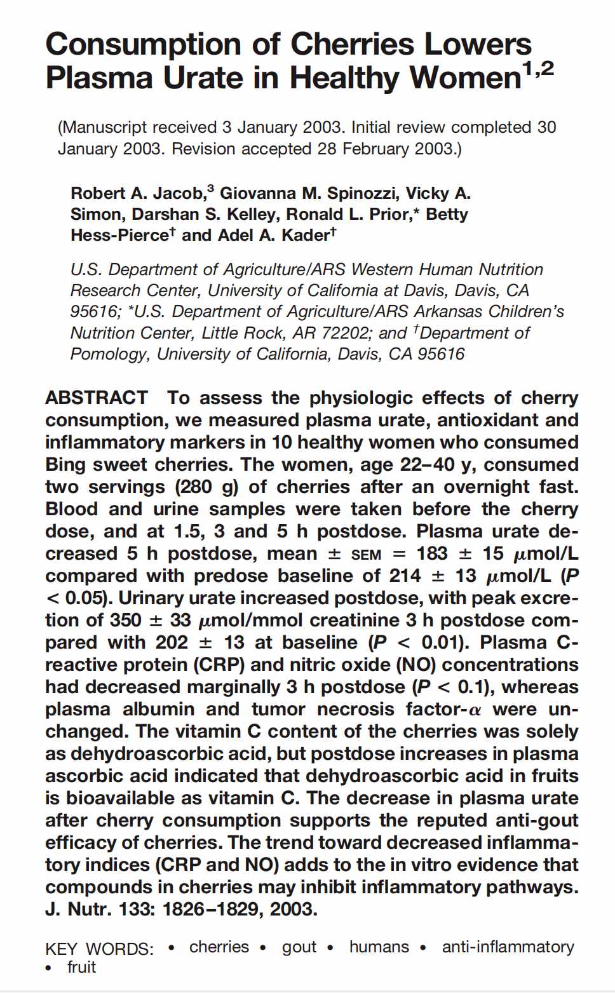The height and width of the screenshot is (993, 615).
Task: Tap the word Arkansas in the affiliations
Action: click(x=451, y=312)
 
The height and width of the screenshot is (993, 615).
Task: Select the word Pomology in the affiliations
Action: click(x=109, y=354)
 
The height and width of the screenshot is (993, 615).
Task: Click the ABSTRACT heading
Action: click(x=97, y=398)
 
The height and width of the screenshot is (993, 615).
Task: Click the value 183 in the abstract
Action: click(x=432, y=554)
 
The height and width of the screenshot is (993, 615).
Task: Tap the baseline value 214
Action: click(x=405, y=576)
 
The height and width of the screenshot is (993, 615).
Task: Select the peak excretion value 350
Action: click(x=126, y=621)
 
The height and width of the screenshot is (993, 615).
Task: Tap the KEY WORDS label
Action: click(x=99, y=949)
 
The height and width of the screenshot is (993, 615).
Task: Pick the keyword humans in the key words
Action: click(x=379, y=947)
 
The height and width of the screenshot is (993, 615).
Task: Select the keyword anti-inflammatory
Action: click(x=508, y=947)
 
